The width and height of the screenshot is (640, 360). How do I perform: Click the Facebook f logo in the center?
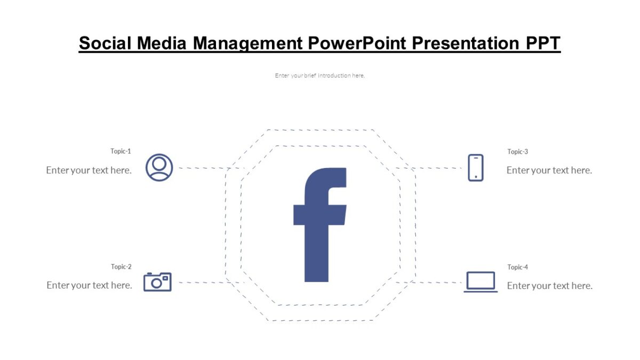coord(320,225)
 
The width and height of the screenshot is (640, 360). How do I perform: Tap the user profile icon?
coord(159,167)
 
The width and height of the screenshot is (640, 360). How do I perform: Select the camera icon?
coord(157,282)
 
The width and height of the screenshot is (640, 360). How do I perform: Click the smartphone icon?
coord(476,167)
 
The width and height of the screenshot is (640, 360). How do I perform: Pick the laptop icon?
coord(481,282)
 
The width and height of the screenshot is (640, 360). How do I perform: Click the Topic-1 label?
coord(121,151)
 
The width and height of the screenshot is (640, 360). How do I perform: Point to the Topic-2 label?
coord(121,267)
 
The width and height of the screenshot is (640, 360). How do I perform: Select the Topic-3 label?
coord(517,152)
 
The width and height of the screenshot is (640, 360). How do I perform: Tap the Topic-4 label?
coord(517,267)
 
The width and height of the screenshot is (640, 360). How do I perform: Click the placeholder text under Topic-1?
coord(89,170)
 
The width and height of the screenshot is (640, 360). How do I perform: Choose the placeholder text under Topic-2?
coord(89,285)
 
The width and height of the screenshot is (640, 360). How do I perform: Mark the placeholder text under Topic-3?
coord(549,170)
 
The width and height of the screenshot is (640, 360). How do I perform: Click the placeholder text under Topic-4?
coord(550,286)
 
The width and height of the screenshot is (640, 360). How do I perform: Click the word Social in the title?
coord(105,43)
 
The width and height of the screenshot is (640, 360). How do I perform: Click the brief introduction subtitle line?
coord(320,76)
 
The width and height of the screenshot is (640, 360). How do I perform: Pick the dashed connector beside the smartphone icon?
coord(437,168)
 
